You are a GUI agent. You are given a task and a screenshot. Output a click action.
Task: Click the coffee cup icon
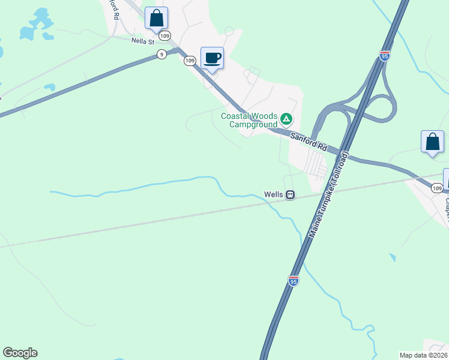pyautogui.click(x=212, y=58)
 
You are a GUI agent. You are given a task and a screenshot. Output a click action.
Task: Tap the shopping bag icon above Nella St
pyautogui.click(x=156, y=18)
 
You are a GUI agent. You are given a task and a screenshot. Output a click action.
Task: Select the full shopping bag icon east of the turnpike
pyautogui.click(x=432, y=142)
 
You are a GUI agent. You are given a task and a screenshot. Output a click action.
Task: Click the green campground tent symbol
pyautogui.click(x=287, y=119)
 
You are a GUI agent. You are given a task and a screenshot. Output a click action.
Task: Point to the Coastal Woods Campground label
pyautogui.click(x=249, y=120)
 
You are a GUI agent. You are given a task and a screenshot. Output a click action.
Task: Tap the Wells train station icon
pyautogui.click(x=290, y=194)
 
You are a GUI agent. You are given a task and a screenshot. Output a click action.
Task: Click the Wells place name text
pyautogui.click(x=273, y=194)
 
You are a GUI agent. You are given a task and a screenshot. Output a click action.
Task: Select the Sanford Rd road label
pyautogui.click(x=308, y=142)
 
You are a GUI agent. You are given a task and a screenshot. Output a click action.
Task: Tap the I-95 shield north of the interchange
pyautogui.click(x=385, y=55)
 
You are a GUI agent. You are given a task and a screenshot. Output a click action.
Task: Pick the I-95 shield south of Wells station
pyautogui.click(x=292, y=280)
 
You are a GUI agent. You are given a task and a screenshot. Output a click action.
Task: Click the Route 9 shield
pyautogui.click(x=161, y=55)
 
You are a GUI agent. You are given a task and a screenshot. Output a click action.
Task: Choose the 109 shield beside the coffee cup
pyautogui.click(x=190, y=61)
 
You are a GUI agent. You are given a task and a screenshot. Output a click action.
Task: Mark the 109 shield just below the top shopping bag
pyautogui.click(x=166, y=35)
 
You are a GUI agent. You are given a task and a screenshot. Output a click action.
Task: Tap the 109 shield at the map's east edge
pyautogui.click(x=436, y=188)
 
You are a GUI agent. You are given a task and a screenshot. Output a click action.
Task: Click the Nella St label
pyautogui.click(x=143, y=41)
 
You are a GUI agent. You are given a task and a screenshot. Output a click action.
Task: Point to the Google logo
pyautogui.click(x=20, y=353)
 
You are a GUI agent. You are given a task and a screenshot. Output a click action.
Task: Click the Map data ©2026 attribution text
pyautogui.click(x=423, y=355)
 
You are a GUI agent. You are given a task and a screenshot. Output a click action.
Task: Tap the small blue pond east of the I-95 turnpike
pyautogui.click(x=393, y=257)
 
